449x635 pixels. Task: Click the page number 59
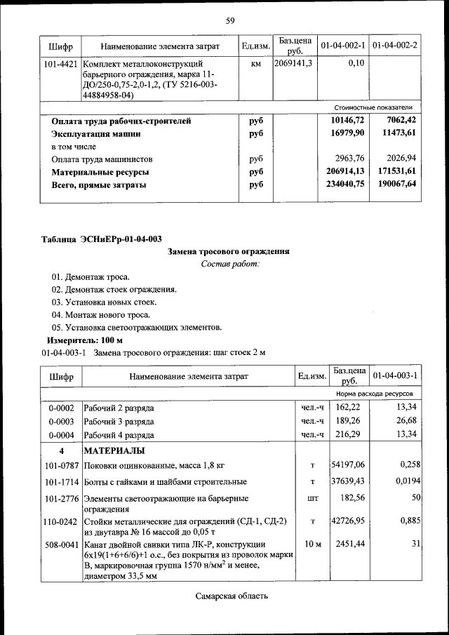[229, 20]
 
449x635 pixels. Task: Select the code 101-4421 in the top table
[61, 64]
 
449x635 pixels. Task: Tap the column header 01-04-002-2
[394, 46]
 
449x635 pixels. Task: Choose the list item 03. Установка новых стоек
[104, 302]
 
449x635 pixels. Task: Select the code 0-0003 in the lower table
[61, 421]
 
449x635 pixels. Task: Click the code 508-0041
[61, 544]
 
